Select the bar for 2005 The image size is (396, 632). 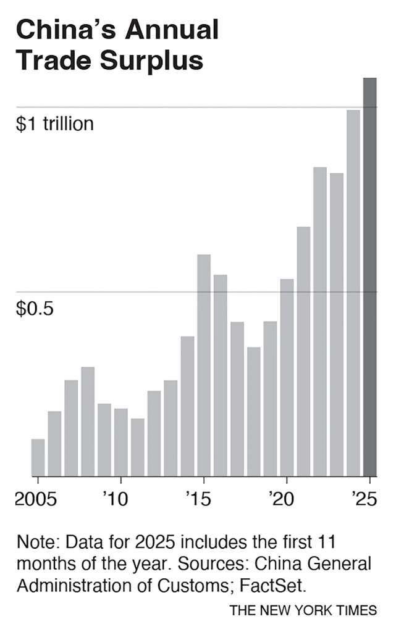[x=38, y=457]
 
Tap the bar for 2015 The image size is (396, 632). [x=204, y=365]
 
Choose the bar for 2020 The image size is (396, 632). [x=287, y=377]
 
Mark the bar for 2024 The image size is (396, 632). [x=353, y=293]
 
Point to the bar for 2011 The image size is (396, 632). [x=137, y=447]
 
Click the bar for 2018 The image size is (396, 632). [x=254, y=411]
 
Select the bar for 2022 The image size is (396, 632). [x=320, y=321]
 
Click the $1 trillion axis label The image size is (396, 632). [x=55, y=124]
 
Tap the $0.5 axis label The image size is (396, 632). [x=35, y=308]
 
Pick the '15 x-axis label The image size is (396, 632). [x=199, y=498]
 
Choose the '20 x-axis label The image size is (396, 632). [x=282, y=498]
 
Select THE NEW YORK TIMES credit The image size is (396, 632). [x=303, y=610]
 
